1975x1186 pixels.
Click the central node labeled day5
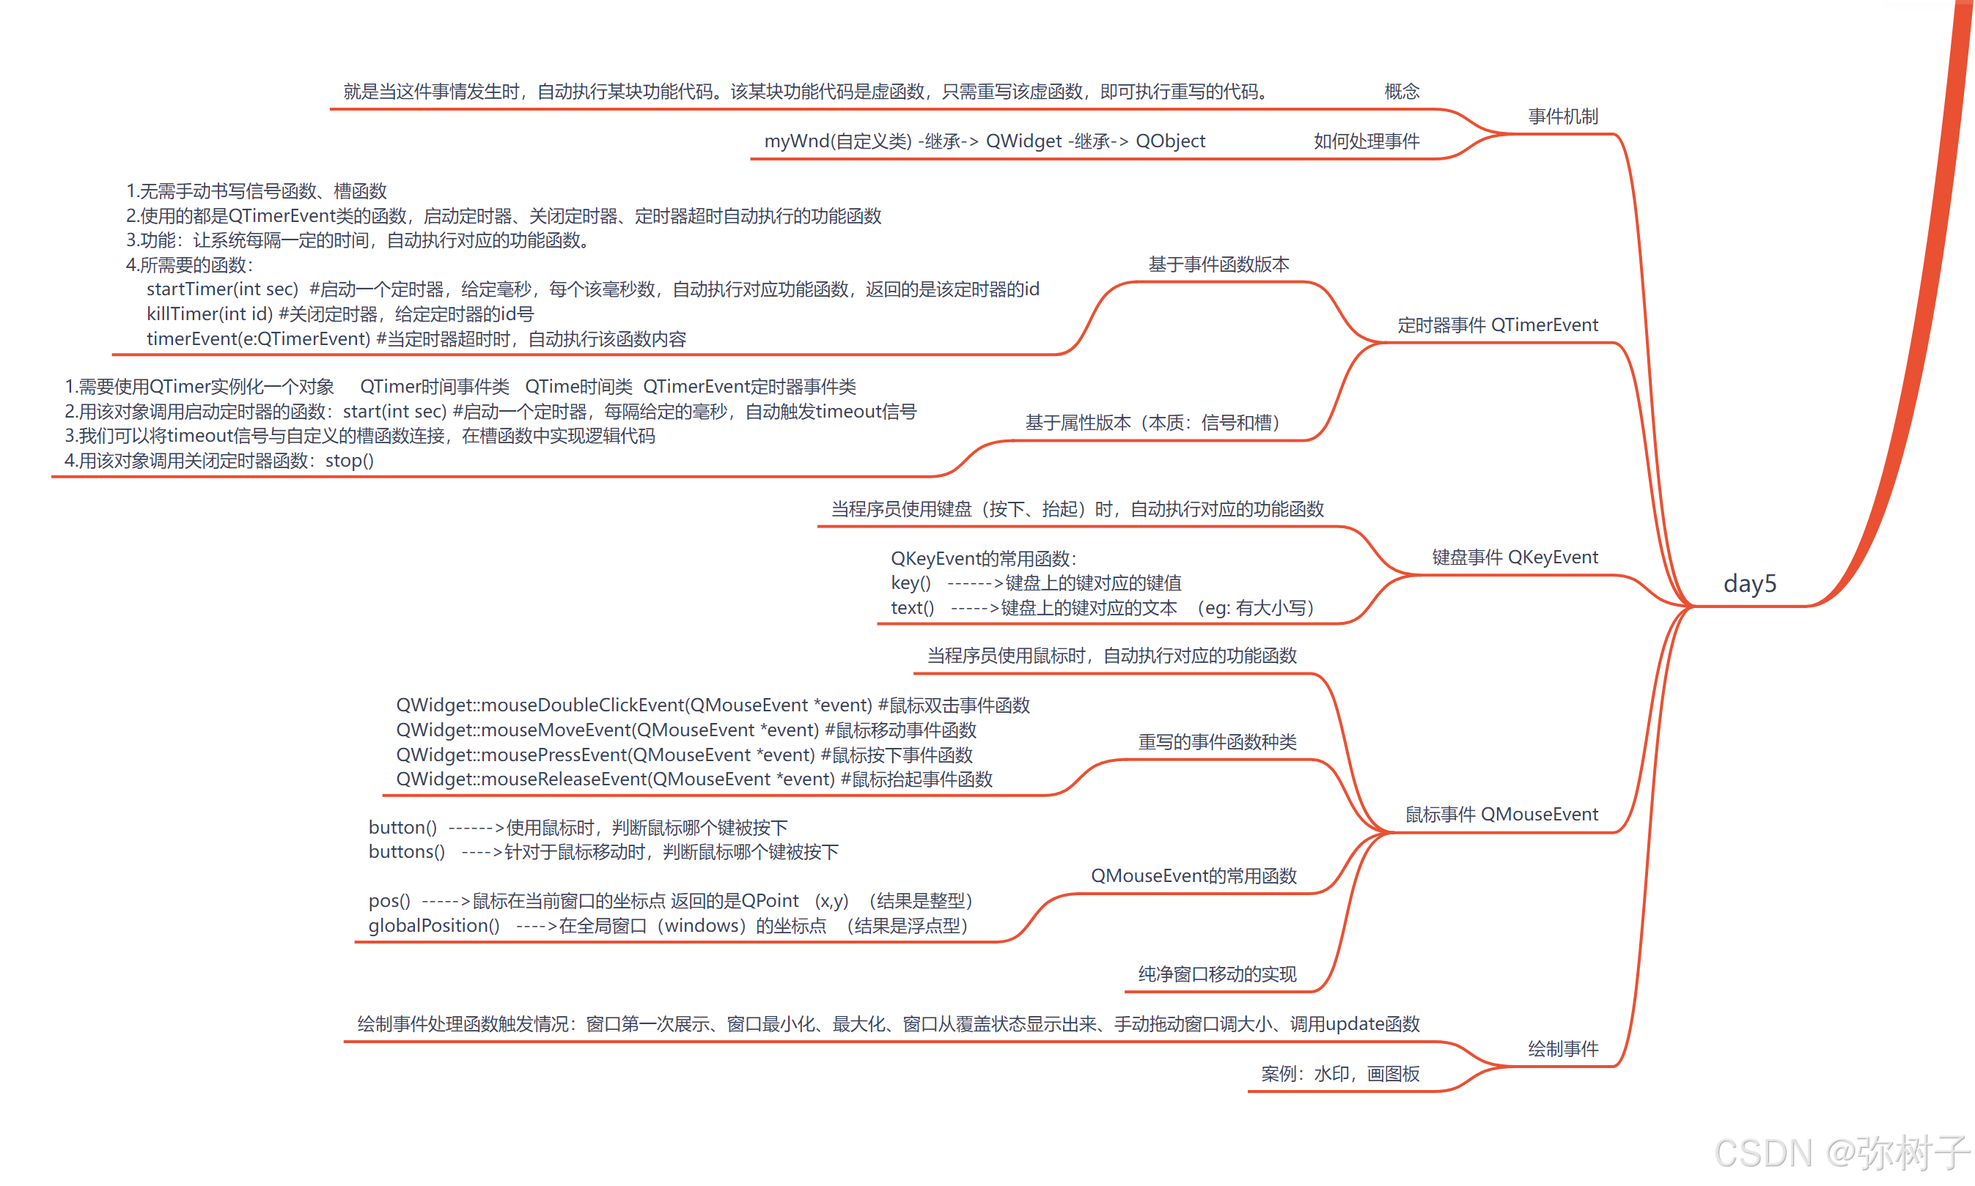1748,583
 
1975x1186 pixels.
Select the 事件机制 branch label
1562,116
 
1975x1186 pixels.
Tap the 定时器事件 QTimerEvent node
1497,325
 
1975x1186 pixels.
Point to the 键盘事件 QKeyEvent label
1515,557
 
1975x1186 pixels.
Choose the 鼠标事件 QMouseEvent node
1501,815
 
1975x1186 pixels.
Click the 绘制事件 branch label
1562,1048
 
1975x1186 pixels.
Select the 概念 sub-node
1401,92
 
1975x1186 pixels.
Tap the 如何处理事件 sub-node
1366,141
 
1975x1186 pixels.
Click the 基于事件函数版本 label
1218,264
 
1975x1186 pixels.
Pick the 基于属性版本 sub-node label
1152,423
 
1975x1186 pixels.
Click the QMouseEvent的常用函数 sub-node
1193,876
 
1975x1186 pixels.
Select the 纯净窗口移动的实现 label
1216,974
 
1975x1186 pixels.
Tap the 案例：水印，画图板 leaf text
1339,1073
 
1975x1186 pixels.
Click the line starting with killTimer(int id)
340,314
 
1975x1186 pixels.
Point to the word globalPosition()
433,925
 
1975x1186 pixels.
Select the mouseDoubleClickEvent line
713,705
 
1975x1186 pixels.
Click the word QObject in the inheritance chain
1170,141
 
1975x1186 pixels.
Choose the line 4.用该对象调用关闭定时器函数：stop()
219,460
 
